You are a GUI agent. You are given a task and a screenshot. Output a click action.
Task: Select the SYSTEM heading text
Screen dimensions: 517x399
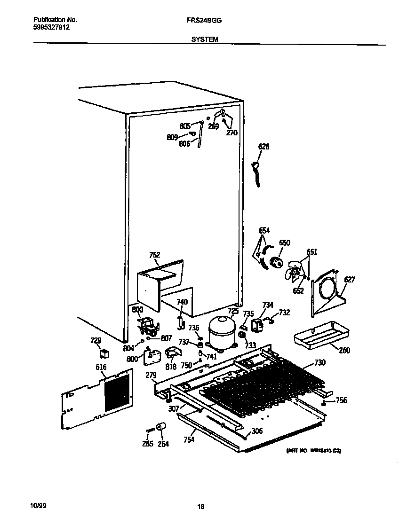[x=205, y=40]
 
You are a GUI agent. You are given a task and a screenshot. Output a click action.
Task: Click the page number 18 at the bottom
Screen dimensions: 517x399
[x=201, y=507]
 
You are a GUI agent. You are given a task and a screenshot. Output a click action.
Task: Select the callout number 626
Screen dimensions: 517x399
[x=263, y=147]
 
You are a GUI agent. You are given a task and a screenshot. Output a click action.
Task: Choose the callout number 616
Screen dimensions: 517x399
[x=101, y=367]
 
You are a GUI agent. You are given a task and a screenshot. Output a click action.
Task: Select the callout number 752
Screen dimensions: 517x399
[x=154, y=255]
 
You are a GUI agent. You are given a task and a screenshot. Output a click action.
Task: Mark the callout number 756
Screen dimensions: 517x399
[x=341, y=400]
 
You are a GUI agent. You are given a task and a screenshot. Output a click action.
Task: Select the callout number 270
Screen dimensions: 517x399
[x=231, y=133]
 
